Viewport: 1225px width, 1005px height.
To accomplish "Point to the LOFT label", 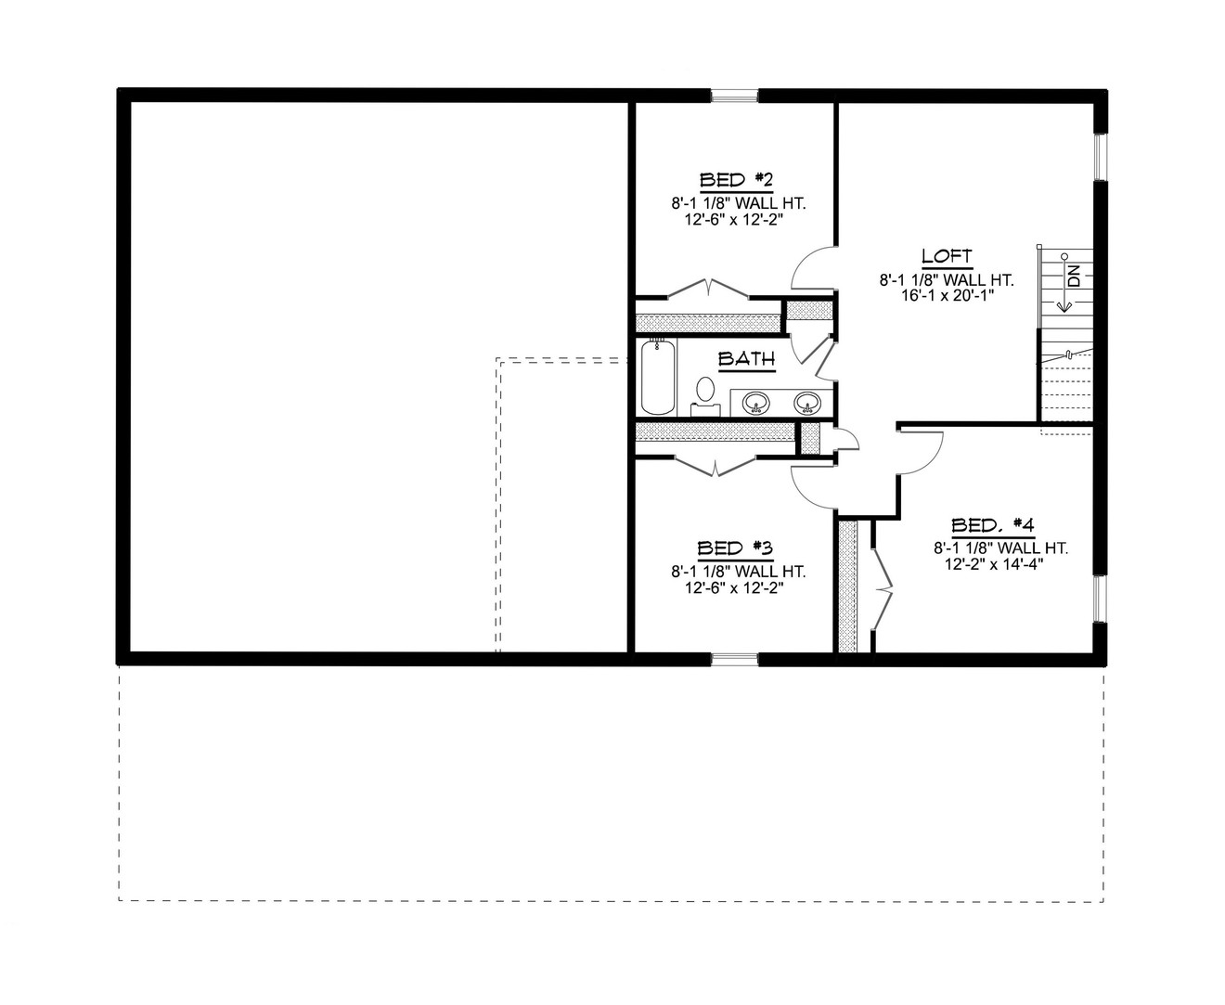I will (x=947, y=256).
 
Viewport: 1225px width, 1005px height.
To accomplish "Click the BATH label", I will (x=746, y=358).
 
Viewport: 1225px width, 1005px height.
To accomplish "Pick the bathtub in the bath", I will (x=658, y=378).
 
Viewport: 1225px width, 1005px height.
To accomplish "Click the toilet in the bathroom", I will (x=705, y=393).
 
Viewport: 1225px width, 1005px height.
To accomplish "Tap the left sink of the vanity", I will (x=756, y=402).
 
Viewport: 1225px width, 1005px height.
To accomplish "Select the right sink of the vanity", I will (x=806, y=402).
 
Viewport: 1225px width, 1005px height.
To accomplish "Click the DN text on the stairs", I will (x=1074, y=276).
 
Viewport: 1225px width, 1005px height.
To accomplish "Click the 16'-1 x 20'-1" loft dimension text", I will (x=947, y=294).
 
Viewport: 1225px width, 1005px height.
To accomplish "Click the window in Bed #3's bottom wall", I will (x=735, y=660).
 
